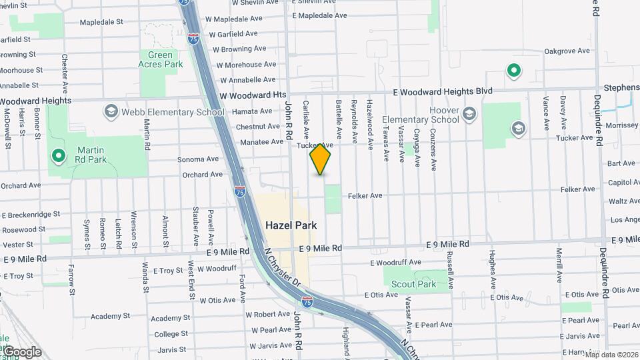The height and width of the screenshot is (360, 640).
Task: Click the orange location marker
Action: pos(320,159)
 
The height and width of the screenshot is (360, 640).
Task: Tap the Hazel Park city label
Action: pos(291,225)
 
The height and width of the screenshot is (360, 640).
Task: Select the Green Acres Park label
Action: pos(160,60)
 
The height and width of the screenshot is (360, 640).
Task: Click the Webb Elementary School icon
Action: pos(110,111)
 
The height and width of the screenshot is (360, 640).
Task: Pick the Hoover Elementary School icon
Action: pos(469,115)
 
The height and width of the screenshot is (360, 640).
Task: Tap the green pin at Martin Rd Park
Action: pos(59,157)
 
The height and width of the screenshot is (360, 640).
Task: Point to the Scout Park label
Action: pos(413,284)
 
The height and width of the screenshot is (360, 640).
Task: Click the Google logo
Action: pos(23,352)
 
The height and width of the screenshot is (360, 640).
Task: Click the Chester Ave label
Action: pos(65,73)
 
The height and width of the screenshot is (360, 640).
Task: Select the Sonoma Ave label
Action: pos(198,159)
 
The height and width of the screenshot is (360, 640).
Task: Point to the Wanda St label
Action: pos(145,277)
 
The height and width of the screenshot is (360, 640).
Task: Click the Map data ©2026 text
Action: pos(611,355)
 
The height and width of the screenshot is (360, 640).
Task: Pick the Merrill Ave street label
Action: pos(559,265)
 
